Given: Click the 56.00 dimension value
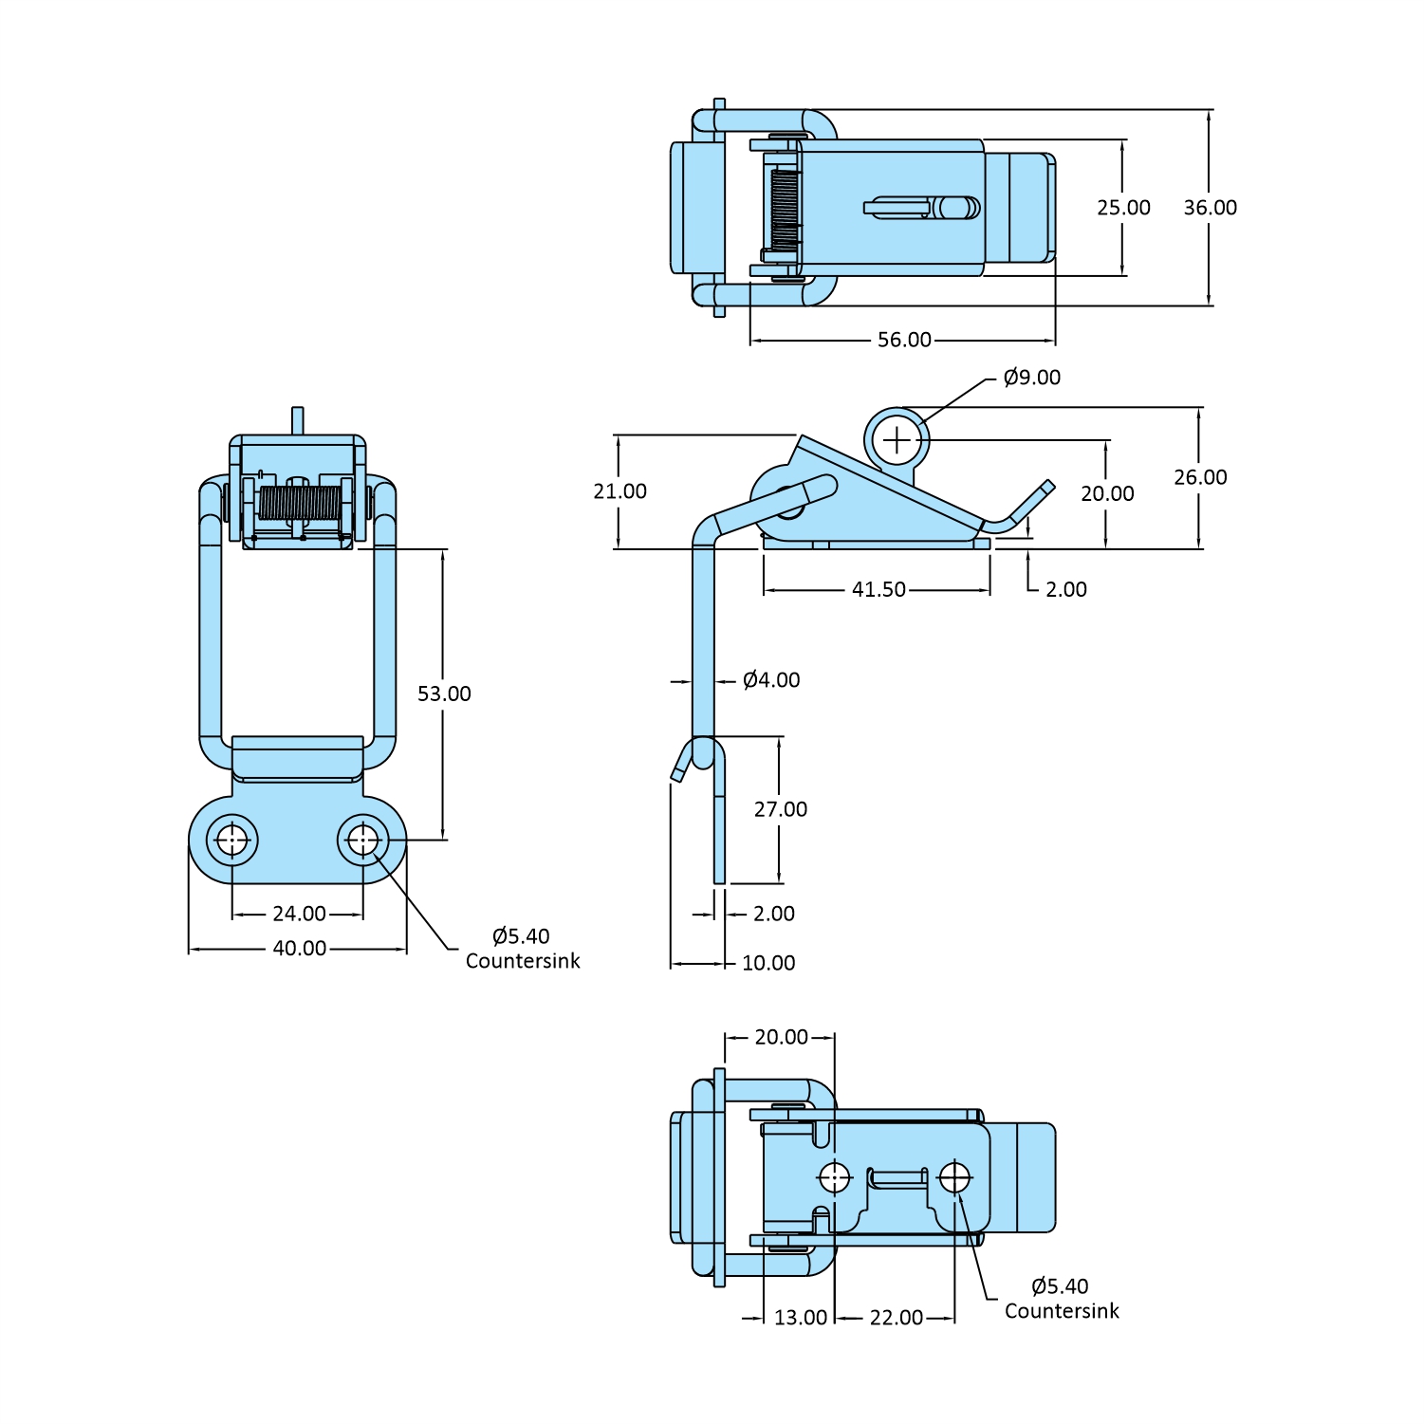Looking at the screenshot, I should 904,340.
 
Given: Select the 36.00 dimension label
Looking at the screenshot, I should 1210,208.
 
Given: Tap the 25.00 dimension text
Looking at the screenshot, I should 1123,208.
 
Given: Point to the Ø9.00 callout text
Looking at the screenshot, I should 1031,378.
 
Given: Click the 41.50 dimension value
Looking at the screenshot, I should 878,589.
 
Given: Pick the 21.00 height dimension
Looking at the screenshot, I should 620,491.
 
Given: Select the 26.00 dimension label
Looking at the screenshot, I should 1200,477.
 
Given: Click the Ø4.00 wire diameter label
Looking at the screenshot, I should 771,680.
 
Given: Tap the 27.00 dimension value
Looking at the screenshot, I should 781,809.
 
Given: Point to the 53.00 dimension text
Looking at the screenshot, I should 444,694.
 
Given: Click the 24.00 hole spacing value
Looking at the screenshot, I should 299,914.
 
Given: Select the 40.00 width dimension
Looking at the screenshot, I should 300,948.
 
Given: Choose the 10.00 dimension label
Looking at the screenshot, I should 768,963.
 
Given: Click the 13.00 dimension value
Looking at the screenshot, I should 801,1318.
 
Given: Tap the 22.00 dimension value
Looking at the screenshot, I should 897,1318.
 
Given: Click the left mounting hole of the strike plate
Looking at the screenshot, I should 232,840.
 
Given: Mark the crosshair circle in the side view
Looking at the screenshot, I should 897,440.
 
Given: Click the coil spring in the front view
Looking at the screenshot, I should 300,504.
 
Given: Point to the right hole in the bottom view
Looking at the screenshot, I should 954,1177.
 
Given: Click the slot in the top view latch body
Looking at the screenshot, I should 897,208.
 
